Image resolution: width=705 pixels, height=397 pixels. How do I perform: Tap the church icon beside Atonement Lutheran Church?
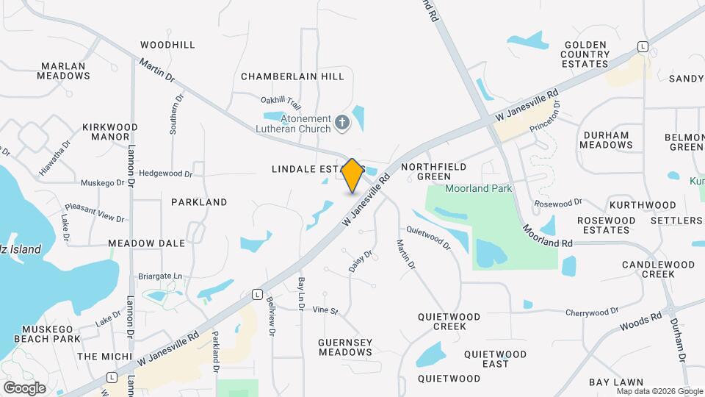coord(341,123)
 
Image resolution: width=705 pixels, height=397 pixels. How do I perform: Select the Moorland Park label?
coord(478,189)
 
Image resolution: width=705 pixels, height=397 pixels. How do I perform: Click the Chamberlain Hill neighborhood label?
coord(292,76)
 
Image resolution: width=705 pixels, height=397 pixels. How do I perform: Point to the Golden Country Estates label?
coord(587,54)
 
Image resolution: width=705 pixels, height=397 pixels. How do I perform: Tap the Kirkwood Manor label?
coord(110,132)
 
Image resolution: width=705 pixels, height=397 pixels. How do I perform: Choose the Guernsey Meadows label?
coord(345,347)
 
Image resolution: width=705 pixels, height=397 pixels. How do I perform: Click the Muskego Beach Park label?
coord(51,334)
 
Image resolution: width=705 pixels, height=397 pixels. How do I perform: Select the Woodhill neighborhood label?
coord(167,45)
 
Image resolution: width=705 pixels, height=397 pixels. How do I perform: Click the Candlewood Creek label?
coord(648,269)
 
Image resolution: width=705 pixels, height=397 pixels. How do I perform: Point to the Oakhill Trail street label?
coord(281,100)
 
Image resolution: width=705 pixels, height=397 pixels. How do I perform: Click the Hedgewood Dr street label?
coord(165,174)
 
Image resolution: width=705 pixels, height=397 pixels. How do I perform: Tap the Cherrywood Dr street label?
coord(592,312)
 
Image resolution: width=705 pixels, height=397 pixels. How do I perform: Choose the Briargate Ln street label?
coord(159,276)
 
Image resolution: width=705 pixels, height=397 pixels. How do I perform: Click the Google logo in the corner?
coord(24,387)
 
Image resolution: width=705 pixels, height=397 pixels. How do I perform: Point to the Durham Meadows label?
coord(606,140)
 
